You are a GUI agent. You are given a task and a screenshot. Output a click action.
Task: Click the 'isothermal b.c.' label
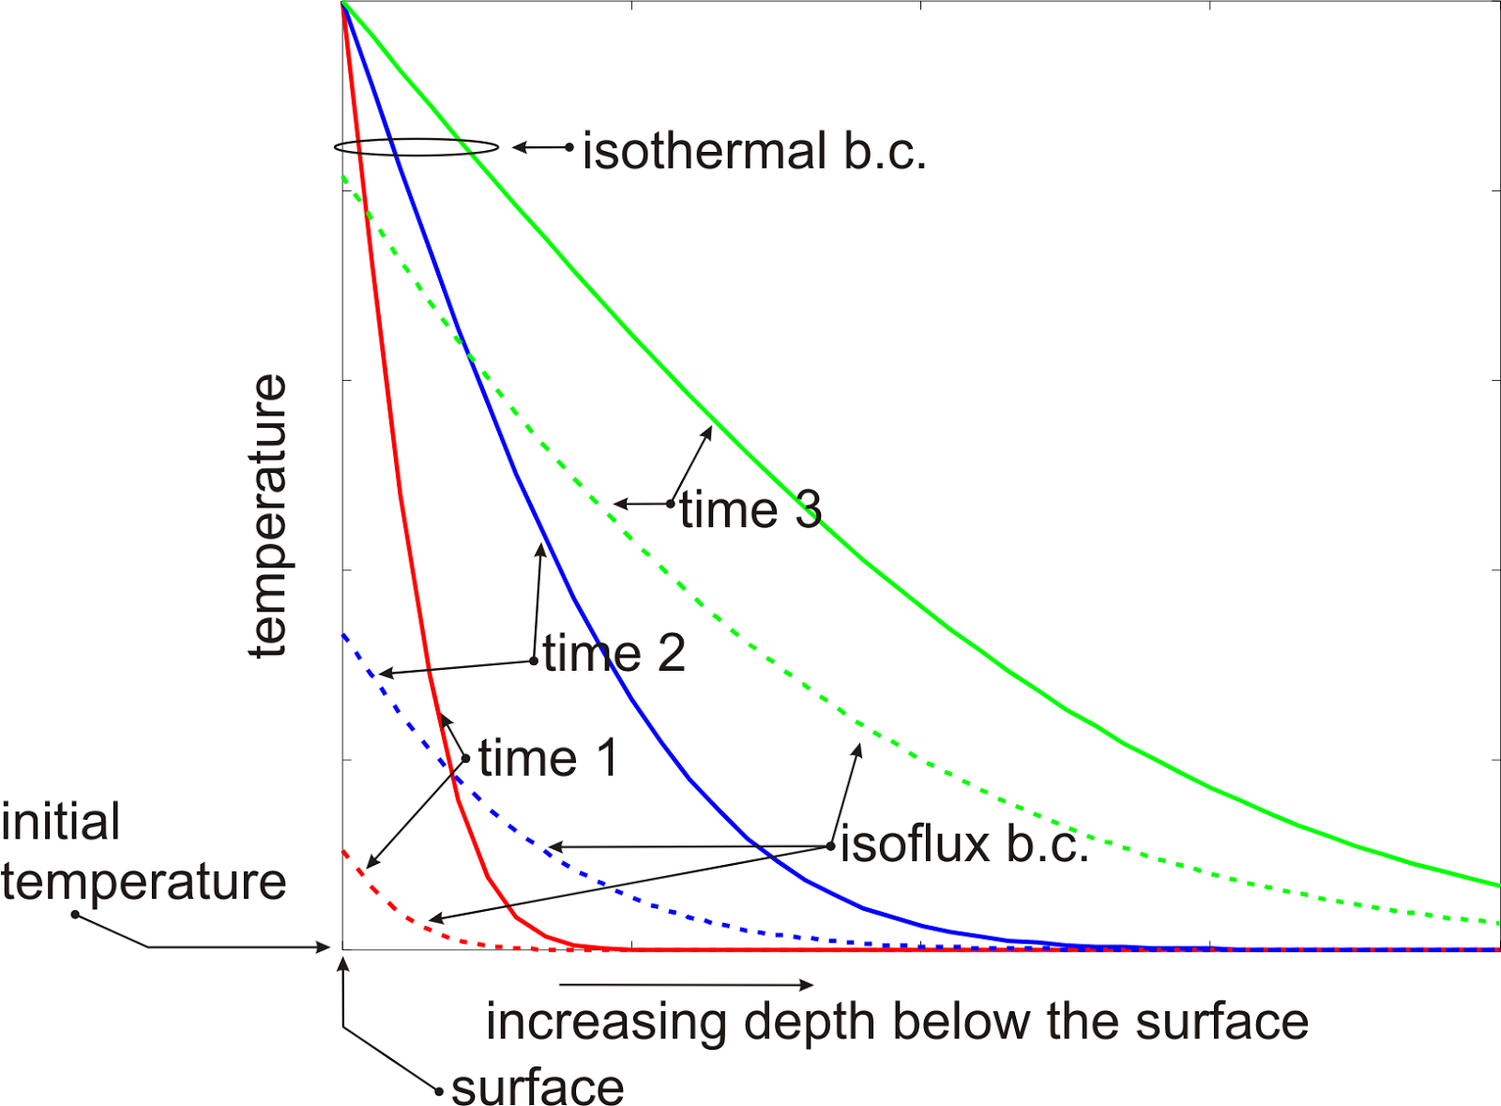[x=754, y=152]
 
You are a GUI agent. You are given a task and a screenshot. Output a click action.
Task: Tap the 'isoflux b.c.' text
[x=964, y=844]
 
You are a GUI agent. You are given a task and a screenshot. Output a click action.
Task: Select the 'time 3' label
[x=750, y=510]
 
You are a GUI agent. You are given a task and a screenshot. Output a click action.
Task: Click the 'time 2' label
[x=614, y=653]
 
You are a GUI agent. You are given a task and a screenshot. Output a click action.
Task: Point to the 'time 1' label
[x=549, y=758]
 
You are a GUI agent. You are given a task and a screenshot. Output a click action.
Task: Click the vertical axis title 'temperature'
[x=268, y=516]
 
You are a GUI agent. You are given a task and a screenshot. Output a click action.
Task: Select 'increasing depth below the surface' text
[x=897, y=1022]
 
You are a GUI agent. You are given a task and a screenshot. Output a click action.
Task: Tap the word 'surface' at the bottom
[x=538, y=1088]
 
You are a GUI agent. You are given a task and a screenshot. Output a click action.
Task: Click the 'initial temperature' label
[x=141, y=852]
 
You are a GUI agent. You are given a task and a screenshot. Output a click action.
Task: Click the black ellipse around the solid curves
[x=417, y=147]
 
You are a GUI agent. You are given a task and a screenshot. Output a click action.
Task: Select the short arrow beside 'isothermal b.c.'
[x=542, y=147]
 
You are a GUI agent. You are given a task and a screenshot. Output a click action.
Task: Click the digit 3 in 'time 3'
[x=809, y=510]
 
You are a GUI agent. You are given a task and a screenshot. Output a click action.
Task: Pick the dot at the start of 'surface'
[x=439, y=1091]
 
